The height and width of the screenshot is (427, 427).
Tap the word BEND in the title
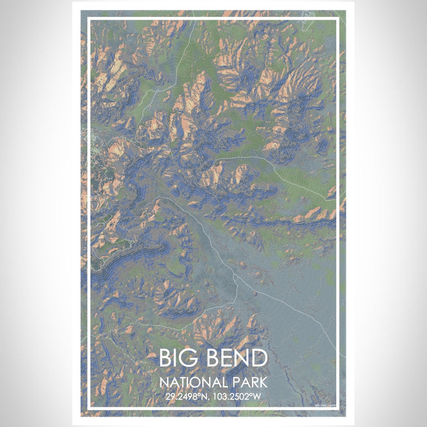[236, 358]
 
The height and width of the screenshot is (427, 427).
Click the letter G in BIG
[192, 358]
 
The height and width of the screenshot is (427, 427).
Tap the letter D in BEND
[259, 358]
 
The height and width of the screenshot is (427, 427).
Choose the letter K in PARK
[263, 383]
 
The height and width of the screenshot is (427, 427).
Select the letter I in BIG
[178, 358]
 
